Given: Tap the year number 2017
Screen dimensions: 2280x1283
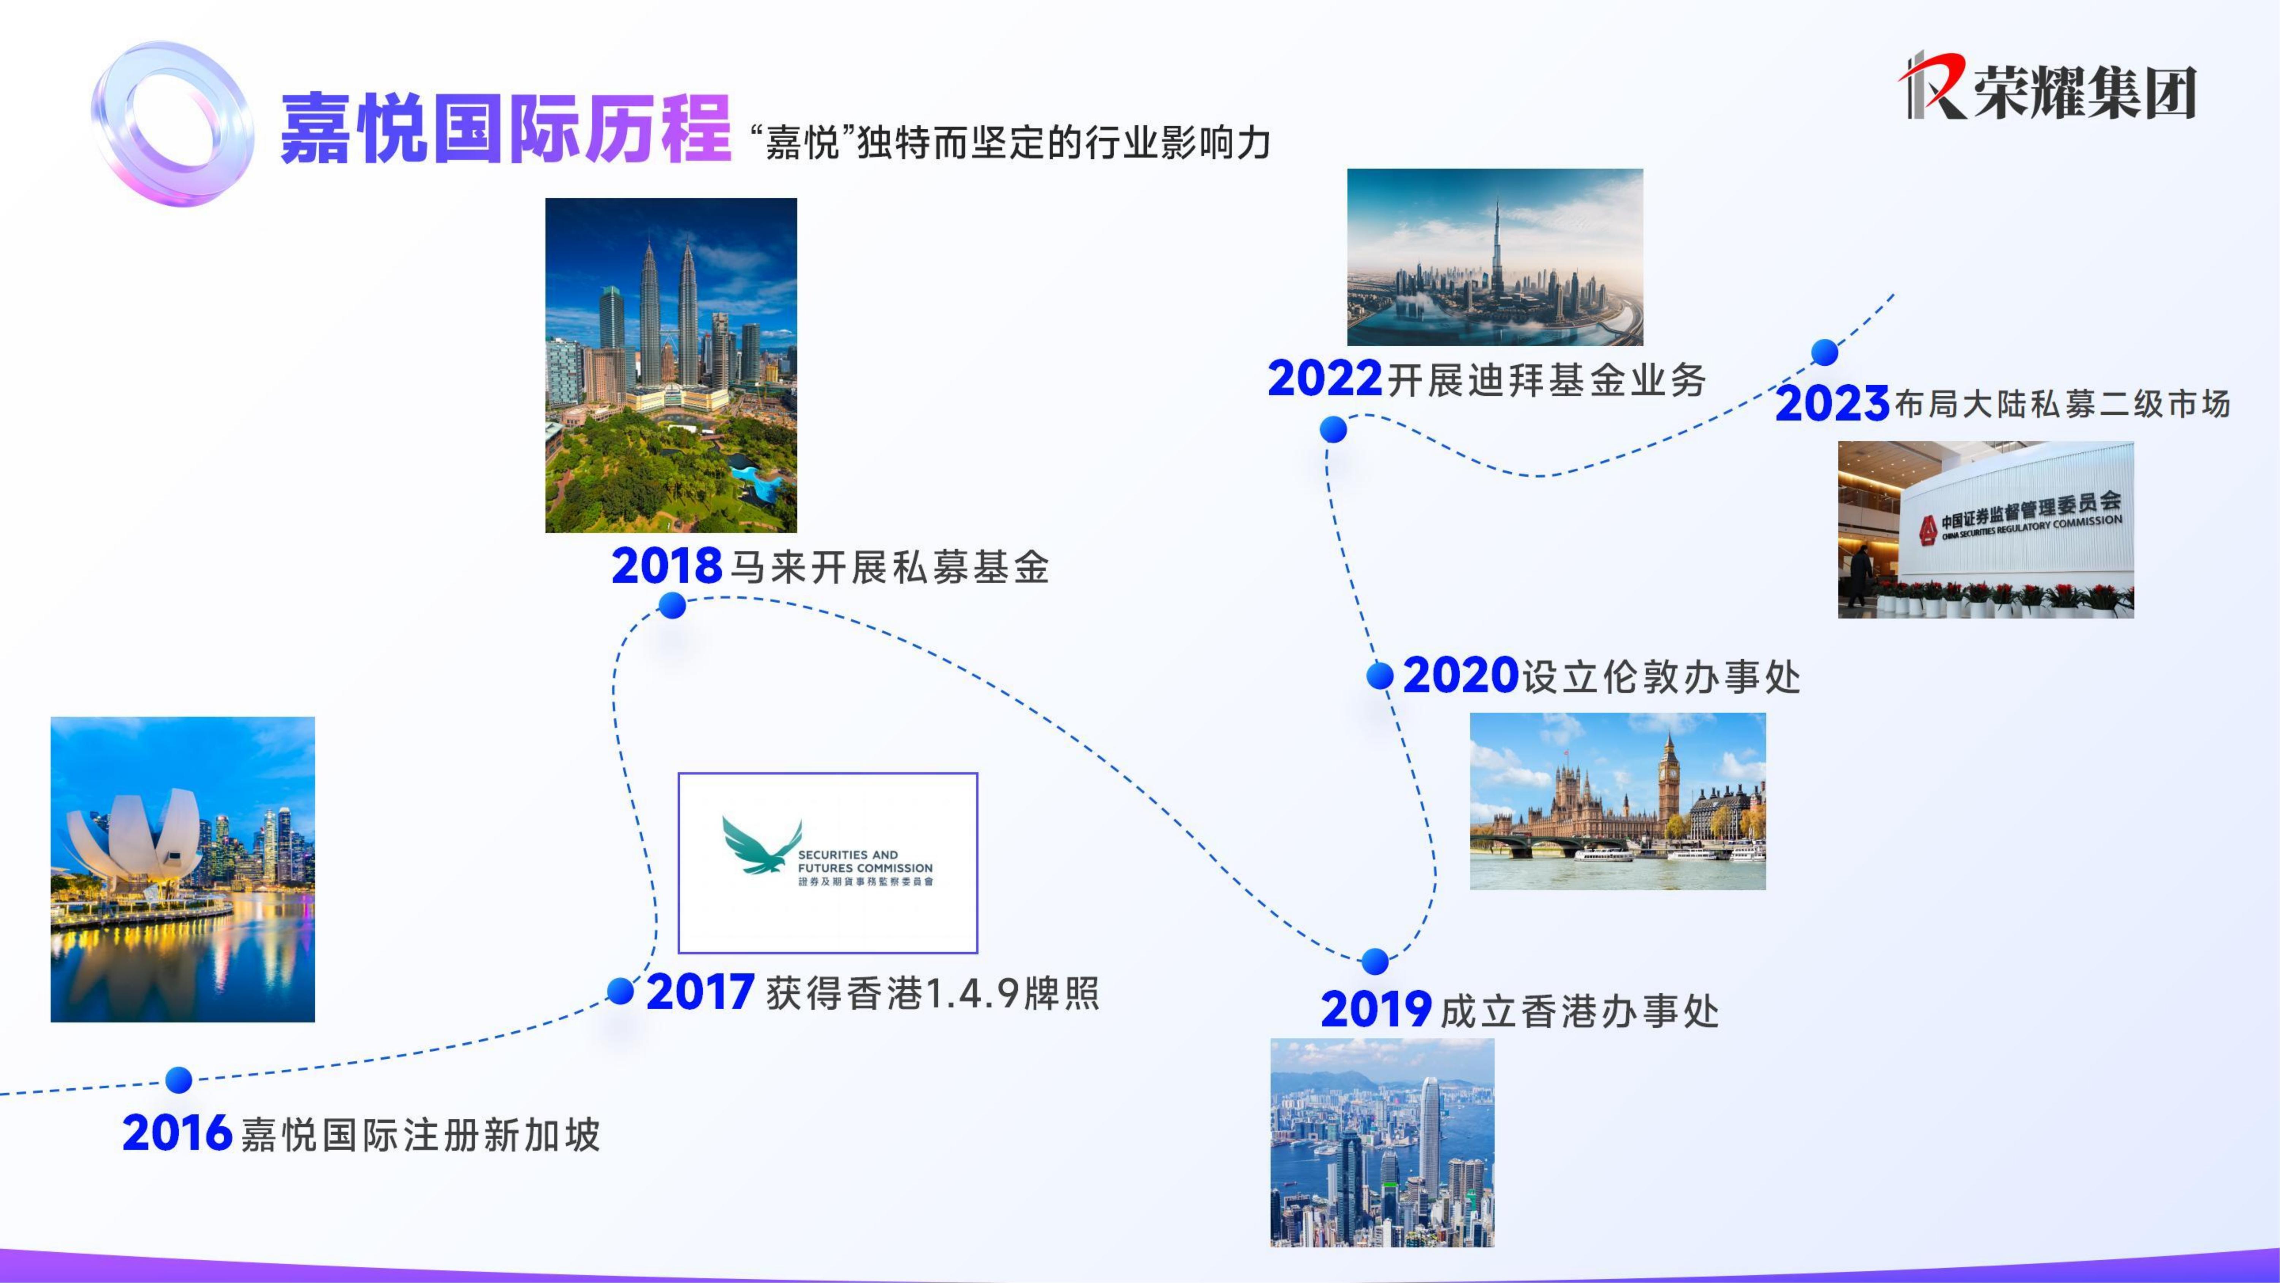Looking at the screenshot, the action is [700, 992].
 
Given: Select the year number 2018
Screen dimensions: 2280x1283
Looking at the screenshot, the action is [667, 566].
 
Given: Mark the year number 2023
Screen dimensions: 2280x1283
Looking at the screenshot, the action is [1832, 404].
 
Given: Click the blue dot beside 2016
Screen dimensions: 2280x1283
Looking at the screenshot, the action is [179, 1079].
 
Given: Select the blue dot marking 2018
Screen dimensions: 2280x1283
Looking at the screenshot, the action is [673, 606].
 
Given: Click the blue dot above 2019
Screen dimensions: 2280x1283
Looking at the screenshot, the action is [1374, 961].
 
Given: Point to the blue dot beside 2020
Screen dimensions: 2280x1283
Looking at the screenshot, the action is [1380, 676].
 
